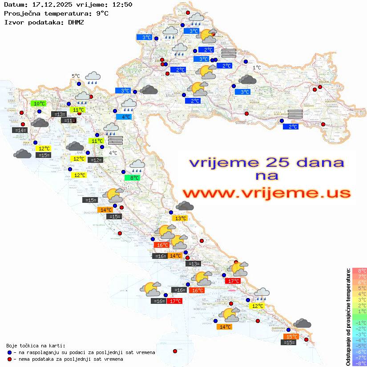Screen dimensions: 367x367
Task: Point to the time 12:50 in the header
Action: tap(121, 4)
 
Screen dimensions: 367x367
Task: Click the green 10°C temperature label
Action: tap(39, 104)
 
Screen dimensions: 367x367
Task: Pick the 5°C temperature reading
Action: tap(76, 76)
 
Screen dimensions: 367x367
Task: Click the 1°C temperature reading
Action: tap(257, 68)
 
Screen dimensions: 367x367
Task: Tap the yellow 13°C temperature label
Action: tap(180, 218)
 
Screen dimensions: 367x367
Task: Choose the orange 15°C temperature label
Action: tap(291, 337)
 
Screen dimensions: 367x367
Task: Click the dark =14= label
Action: tap(20, 130)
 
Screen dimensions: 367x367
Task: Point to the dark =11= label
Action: tap(69, 121)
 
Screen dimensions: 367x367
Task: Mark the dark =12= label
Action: tap(95, 160)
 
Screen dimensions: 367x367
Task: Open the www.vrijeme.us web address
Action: tap(266, 193)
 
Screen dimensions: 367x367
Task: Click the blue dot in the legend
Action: tap(9, 352)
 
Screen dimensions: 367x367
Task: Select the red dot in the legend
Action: tap(9, 359)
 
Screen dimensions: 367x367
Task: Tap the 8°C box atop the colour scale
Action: tap(359, 270)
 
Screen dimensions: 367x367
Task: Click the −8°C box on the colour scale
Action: tap(359, 363)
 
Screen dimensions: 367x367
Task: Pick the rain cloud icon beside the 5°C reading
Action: tap(93, 78)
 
